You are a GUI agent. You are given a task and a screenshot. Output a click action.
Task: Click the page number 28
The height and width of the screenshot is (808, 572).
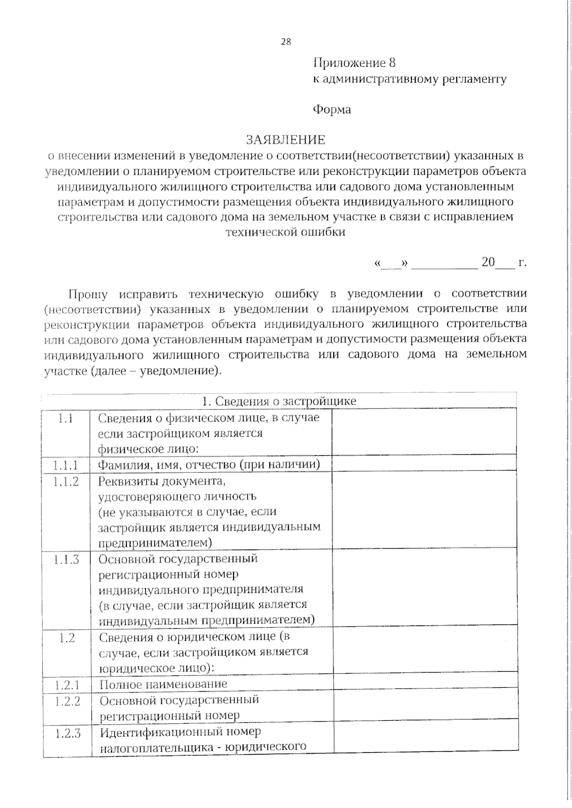[x=286, y=41]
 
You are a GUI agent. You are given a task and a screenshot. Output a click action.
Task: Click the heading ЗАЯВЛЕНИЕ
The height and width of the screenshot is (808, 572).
[x=286, y=140]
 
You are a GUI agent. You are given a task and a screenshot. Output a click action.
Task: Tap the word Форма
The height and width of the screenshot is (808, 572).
[x=332, y=110]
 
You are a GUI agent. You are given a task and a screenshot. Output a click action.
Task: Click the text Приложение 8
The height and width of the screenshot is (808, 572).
[x=354, y=63]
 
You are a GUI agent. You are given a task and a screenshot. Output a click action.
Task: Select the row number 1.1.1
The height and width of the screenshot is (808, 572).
[x=66, y=465]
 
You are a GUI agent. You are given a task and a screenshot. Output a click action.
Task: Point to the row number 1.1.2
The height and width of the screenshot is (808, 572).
[x=66, y=481]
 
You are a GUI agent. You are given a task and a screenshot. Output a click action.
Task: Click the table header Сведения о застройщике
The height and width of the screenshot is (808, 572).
[x=279, y=401]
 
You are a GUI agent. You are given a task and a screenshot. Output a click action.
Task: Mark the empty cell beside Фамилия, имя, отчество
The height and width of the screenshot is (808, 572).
[x=424, y=464]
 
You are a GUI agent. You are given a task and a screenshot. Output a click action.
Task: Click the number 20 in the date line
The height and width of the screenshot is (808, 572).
[x=488, y=263]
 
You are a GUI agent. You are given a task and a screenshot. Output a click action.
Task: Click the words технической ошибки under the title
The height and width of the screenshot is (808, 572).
[x=286, y=233]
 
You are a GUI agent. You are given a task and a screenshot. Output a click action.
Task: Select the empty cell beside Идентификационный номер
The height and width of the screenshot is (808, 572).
[x=425, y=738]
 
